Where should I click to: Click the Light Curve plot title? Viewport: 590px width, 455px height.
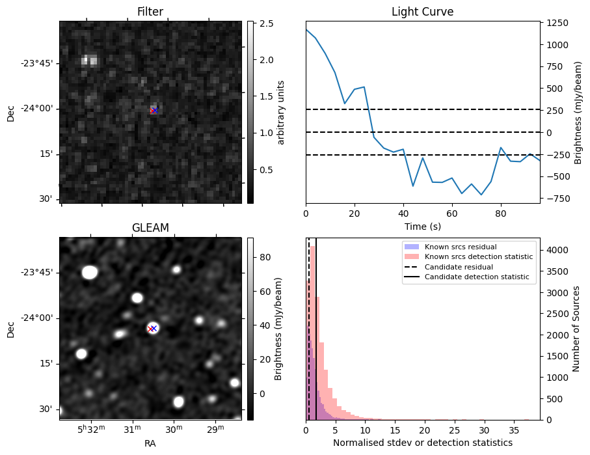click(422, 12)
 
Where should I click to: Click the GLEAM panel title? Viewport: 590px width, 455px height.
click(150, 228)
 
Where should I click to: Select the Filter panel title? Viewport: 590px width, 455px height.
click(150, 12)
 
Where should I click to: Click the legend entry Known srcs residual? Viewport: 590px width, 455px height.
click(461, 247)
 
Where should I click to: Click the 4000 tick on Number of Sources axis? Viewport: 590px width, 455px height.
click(558, 250)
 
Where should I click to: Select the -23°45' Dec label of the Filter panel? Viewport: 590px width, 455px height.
click(36, 63)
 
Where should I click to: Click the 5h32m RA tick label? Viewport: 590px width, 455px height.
click(90, 430)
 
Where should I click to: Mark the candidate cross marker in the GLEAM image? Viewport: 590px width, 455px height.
click(152, 329)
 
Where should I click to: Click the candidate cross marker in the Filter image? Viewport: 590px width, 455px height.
click(154, 111)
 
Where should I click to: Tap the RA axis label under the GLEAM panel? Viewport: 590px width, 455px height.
click(150, 443)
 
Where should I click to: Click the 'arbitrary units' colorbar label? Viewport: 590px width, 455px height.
click(281, 112)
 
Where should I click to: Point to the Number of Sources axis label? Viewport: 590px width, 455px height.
click(576, 329)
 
